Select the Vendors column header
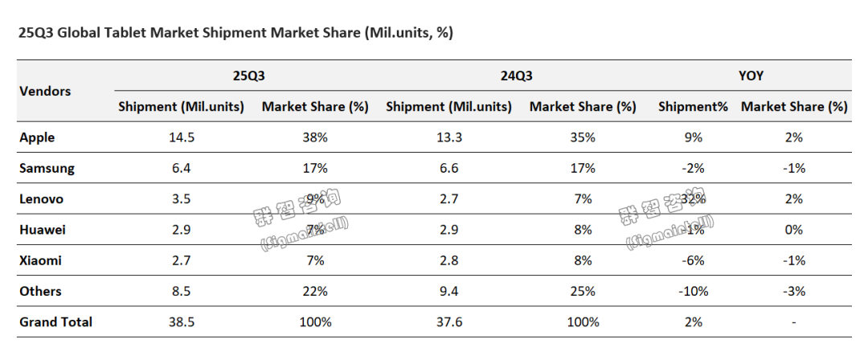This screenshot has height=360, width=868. click(x=45, y=91)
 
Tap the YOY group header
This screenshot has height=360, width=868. click(x=751, y=76)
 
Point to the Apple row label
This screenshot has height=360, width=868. click(x=37, y=137)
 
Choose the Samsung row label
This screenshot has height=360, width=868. click(x=47, y=169)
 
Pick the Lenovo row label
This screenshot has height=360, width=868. click(x=41, y=199)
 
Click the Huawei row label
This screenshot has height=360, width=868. click(x=43, y=230)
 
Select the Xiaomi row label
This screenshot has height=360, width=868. click(x=40, y=260)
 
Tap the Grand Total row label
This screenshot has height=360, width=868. click(x=55, y=322)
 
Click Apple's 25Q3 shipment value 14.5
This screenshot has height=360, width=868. click(x=181, y=137)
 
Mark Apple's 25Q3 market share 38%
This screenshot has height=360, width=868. click(x=315, y=137)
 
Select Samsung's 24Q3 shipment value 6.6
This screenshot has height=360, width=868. click(x=448, y=169)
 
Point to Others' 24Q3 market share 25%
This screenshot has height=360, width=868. click(x=583, y=292)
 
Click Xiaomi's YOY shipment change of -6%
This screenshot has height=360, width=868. click(x=692, y=260)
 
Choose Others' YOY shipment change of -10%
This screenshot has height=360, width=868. click(x=692, y=292)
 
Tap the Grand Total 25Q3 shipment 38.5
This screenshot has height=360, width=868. click(x=181, y=322)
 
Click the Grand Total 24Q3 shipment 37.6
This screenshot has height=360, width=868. click(x=448, y=322)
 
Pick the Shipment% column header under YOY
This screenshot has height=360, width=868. click(x=693, y=106)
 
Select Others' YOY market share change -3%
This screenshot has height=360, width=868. click(x=793, y=292)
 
